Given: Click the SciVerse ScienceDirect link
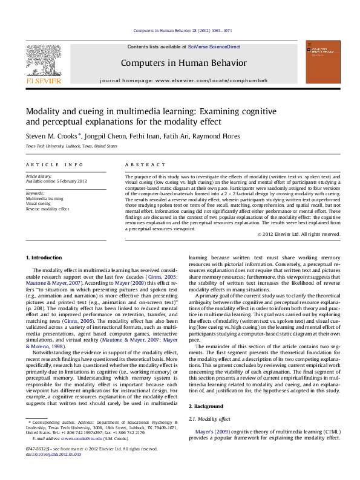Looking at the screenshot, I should click(x=214, y=47).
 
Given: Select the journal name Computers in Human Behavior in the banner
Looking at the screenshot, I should click(x=184, y=63).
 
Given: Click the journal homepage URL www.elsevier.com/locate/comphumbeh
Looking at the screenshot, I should click(x=201, y=80).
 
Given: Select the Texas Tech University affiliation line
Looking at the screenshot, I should click(x=63, y=146).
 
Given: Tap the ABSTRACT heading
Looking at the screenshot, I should click(x=145, y=165).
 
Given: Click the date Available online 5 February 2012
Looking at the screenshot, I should click(x=56, y=181).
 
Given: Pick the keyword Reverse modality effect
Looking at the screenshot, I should click(x=47, y=209).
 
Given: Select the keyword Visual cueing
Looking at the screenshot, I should click(x=39, y=203).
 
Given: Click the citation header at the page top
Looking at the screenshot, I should click(x=182, y=30).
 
